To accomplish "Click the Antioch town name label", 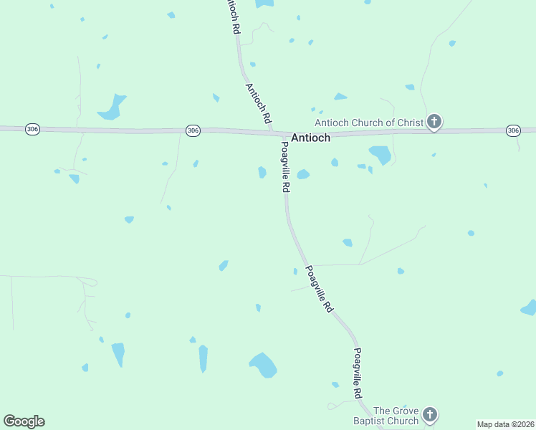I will tap(310, 138).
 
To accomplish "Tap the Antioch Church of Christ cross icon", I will tap(434, 122).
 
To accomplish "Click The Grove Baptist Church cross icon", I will tap(429, 414).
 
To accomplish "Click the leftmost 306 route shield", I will tap(32, 129).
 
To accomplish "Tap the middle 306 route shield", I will tap(192, 130).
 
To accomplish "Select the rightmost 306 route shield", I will tap(512, 130).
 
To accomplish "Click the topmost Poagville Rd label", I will tap(285, 166).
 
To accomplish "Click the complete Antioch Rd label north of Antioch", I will tap(258, 105).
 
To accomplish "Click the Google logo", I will tap(24, 421).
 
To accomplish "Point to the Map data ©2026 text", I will tap(505, 424).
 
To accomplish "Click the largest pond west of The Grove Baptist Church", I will tap(263, 365).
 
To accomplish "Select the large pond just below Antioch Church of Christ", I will tap(380, 154).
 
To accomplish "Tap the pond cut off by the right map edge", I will tap(529, 308).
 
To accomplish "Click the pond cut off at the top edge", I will tap(264, 3).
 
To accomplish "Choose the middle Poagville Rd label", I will tap(319, 288).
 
